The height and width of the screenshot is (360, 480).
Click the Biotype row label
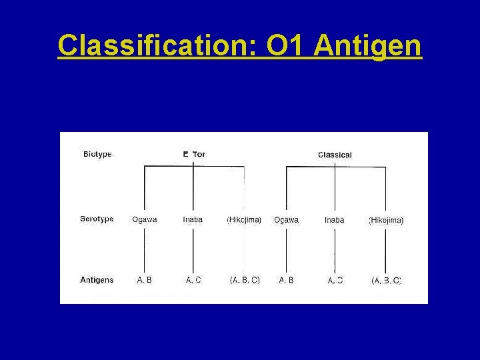click(97, 154)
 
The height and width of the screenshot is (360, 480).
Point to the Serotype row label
click(97, 219)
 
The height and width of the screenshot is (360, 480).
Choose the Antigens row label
click(97, 280)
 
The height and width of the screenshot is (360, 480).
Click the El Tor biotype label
click(194, 154)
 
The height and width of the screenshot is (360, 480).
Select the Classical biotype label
click(335, 155)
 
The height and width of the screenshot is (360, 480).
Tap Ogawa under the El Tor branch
click(145, 219)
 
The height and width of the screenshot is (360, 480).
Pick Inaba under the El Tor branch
click(193, 219)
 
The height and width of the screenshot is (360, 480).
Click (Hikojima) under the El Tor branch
click(244, 219)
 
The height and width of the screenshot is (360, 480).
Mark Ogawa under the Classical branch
click(286, 219)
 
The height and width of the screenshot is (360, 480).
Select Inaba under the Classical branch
click(335, 219)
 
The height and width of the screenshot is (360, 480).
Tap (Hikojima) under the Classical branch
click(386, 220)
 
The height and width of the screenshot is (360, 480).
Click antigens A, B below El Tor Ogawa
click(145, 280)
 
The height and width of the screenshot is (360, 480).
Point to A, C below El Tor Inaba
click(193, 280)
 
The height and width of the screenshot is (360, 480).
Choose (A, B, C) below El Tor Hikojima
click(245, 280)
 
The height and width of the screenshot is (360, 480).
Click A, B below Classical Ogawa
click(286, 280)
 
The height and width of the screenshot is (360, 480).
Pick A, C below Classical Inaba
click(335, 281)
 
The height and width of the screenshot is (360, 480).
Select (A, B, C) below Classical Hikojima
click(386, 281)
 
